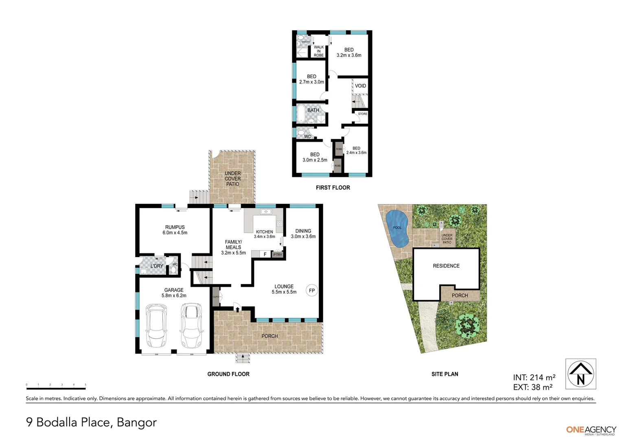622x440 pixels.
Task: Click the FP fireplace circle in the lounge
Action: pos(312,290)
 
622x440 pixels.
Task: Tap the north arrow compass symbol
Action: pos(580,374)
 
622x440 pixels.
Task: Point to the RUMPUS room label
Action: pos(175,230)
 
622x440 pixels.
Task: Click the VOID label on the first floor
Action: pos(360,86)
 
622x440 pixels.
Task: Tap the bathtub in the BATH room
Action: pos(301,114)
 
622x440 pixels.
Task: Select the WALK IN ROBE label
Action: pos(319,51)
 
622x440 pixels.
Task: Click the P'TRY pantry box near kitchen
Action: pos(278,255)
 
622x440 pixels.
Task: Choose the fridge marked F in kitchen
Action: pos(265,254)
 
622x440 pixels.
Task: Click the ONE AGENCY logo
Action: pos(591,430)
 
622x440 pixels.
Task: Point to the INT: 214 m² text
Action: pos(534,378)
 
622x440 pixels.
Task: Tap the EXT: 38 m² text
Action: pos(532,387)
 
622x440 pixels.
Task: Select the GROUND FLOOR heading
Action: pos(228,374)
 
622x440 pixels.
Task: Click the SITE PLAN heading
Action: pos(445,374)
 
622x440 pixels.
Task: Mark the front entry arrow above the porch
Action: pos(237,310)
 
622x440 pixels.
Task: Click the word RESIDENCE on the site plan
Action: pos(446,266)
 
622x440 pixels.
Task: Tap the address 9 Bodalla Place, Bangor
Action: pos(91,422)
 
